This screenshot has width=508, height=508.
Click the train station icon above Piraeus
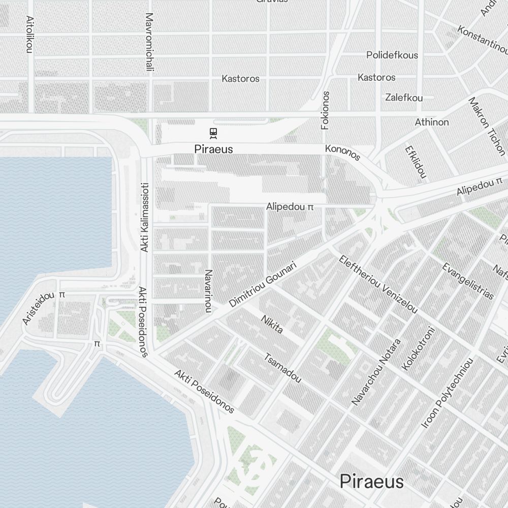[x=213, y=134]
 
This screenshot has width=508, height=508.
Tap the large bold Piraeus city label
[x=372, y=481]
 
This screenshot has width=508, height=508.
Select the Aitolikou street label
[x=29, y=34]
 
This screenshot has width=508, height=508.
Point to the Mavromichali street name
[x=149, y=42]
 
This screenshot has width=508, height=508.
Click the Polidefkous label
[x=392, y=55]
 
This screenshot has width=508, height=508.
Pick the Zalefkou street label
[x=404, y=97]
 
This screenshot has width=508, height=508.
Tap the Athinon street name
[x=432, y=122]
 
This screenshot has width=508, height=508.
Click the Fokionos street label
[x=326, y=110]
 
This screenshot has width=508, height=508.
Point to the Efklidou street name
[x=415, y=162]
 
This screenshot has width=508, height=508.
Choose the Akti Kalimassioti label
[x=144, y=217]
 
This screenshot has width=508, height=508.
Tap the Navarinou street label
[x=207, y=291]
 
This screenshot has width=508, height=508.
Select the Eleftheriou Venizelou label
[x=378, y=284]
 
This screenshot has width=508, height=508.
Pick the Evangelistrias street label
[x=467, y=281]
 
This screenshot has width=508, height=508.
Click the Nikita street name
[x=272, y=325]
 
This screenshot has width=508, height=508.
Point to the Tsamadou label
[x=282, y=368]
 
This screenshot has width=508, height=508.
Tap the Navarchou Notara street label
[x=376, y=372]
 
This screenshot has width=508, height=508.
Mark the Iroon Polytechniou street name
[x=448, y=392]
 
